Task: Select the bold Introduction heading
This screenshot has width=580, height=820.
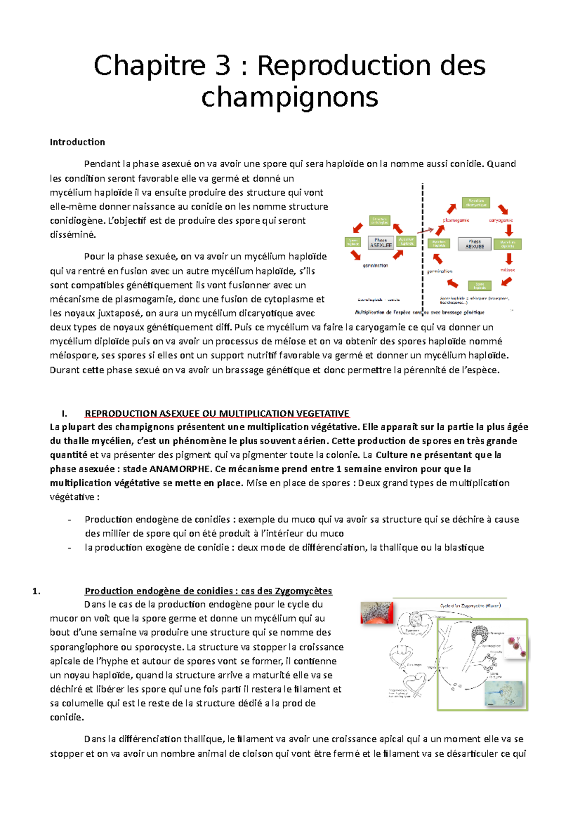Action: tap(77, 142)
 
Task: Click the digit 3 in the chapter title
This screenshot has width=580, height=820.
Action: tap(222, 66)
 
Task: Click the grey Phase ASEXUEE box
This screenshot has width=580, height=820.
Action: tap(380, 242)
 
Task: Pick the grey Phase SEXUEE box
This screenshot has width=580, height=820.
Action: tap(474, 244)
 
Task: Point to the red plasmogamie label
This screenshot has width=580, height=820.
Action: tap(456, 220)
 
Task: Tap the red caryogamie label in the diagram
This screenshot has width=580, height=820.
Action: tap(501, 220)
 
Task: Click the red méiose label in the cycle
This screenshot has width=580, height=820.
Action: tap(507, 270)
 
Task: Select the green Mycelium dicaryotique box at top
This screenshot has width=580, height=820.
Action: tap(476, 203)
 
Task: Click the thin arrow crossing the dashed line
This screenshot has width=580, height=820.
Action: tap(425, 230)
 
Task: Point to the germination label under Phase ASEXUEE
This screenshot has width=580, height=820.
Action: tap(375, 265)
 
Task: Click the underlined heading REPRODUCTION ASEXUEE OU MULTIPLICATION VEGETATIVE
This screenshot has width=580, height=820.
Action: tap(217, 413)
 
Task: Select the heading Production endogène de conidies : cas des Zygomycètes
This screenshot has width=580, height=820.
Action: tap(208, 591)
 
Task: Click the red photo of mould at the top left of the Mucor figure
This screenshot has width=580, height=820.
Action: tap(377, 613)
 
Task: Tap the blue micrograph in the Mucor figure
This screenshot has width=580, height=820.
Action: tap(505, 694)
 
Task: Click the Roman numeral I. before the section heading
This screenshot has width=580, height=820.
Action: tap(64, 413)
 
